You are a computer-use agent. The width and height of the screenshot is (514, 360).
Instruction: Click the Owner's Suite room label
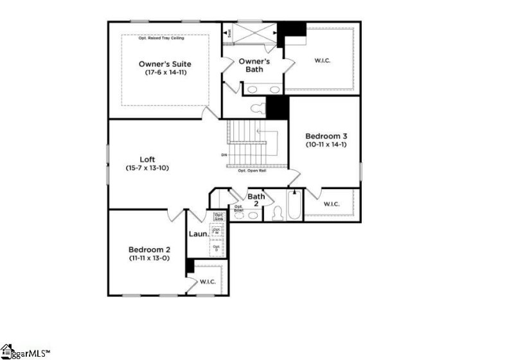(x=164, y=64)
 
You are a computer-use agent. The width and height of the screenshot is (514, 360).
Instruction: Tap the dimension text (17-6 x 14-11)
(x=164, y=73)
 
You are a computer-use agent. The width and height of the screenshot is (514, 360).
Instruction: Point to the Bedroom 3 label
(x=326, y=136)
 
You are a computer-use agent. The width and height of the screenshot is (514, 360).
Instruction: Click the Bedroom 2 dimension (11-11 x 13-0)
(x=149, y=258)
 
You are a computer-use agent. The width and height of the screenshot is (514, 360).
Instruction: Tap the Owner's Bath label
(x=254, y=65)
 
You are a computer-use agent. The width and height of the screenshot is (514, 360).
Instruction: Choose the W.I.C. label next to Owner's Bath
(x=322, y=61)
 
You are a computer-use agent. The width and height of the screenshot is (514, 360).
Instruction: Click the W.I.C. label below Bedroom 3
(x=331, y=204)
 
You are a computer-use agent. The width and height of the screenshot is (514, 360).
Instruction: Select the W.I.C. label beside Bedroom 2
(x=208, y=282)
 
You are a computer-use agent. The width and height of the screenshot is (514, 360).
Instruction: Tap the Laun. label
(x=197, y=233)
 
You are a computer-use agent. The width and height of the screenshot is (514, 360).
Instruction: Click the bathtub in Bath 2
(x=294, y=206)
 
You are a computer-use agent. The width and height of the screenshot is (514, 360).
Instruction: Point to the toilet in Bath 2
(x=278, y=213)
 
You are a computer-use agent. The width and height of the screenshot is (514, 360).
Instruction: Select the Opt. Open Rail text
(x=252, y=170)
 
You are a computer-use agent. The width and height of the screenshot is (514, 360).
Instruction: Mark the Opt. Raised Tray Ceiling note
(x=161, y=39)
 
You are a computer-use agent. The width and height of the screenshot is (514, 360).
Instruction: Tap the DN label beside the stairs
(x=224, y=155)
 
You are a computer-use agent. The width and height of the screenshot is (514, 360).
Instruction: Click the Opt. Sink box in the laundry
(x=218, y=217)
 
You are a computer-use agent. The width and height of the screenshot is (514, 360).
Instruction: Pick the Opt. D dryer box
(x=217, y=248)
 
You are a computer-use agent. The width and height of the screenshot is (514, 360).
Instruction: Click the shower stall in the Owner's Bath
(x=254, y=32)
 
